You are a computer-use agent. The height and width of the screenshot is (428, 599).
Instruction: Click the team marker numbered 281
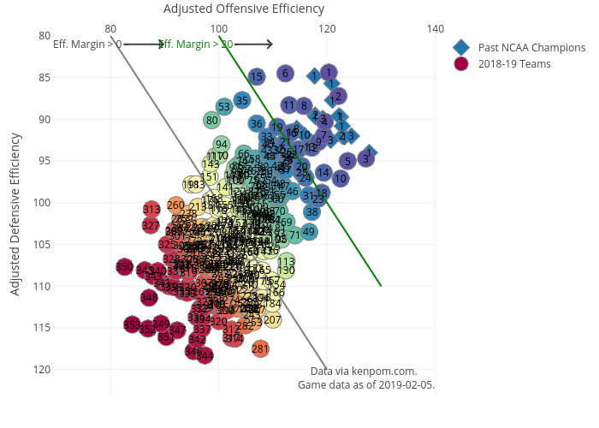tap(261, 348)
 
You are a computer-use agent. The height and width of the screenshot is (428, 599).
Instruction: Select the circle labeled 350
tap(124, 268)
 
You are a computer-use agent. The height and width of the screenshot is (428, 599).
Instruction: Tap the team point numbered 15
tap(257, 77)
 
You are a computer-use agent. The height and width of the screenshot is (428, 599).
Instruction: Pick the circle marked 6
tap(286, 74)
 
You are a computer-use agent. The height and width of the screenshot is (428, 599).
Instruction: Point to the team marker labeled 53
tap(224, 107)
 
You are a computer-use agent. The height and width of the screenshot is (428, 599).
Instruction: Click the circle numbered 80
tap(211, 120)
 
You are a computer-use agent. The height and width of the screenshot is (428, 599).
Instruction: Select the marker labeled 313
tap(151, 209)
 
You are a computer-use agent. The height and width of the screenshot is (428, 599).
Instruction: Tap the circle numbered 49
tap(309, 231)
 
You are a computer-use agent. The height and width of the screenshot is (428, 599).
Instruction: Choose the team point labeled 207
tap(272, 320)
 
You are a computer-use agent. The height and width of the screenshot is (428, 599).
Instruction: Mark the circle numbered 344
tap(205, 355)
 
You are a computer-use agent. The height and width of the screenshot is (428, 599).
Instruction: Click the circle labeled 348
tap(149, 298)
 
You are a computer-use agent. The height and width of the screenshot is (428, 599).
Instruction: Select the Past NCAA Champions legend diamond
tap(462, 47)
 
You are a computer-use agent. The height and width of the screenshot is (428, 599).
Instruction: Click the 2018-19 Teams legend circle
tap(462, 64)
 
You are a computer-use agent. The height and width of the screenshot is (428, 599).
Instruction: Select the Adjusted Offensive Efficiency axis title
tap(244, 9)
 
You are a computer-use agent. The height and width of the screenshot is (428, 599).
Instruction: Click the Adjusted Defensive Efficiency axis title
tap(15, 214)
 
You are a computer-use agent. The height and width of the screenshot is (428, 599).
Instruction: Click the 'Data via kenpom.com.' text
tap(364, 372)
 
